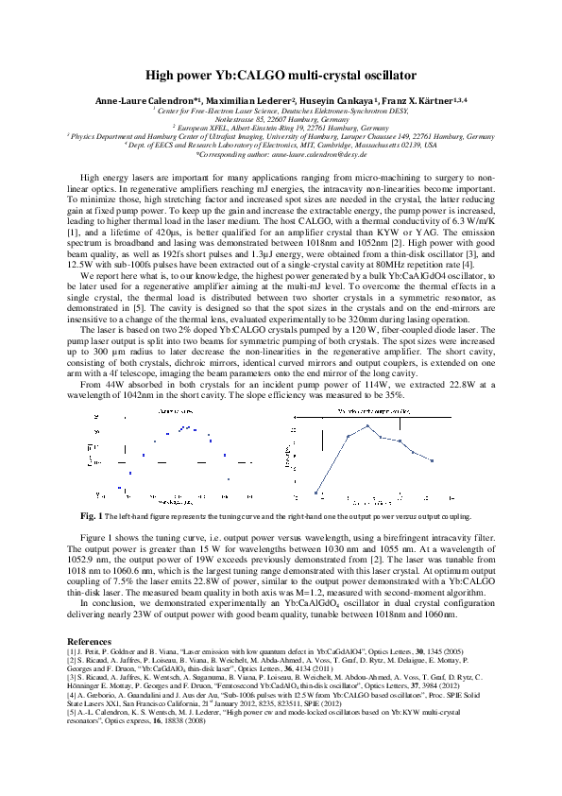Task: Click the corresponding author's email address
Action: pos(316,155)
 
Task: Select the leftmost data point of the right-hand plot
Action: pos(317,492)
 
